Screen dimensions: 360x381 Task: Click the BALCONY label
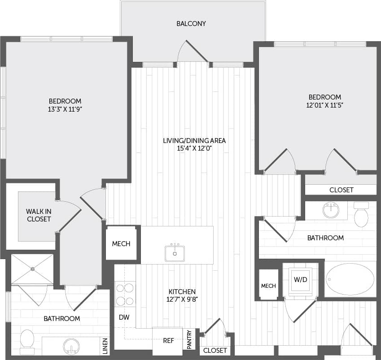(191, 23)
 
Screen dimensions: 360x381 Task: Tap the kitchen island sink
(174, 252)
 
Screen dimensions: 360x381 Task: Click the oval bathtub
(350, 279)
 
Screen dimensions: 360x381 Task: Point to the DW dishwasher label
(124, 317)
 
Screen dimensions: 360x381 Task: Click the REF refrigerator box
(168, 340)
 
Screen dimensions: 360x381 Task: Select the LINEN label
(105, 345)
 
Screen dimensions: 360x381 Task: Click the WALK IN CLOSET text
(38, 215)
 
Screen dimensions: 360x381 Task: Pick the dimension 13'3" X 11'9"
(65, 109)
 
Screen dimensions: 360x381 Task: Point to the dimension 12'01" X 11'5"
(324, 105)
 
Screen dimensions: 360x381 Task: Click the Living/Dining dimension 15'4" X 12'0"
(194, 148)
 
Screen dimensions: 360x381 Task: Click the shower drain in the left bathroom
(33, 269)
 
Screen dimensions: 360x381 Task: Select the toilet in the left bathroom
(27, 339)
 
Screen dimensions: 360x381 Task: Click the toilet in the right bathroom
(361, 216)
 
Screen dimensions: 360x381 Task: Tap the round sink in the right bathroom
(331, 209)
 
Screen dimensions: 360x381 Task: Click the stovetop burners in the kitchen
(124, 294)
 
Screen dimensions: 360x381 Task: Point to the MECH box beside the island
(121, 244)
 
